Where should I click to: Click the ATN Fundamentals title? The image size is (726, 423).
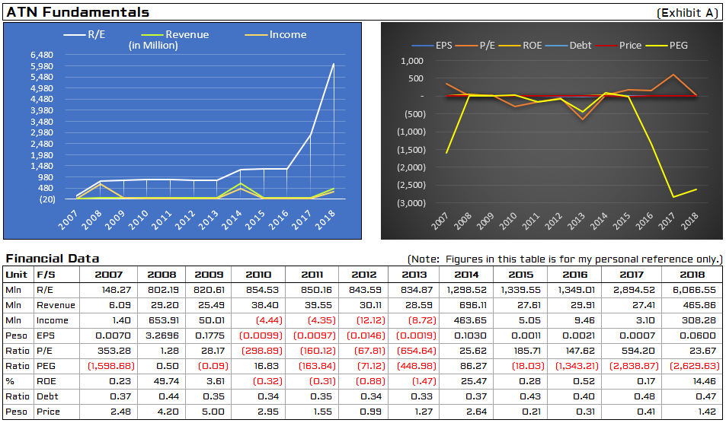78,12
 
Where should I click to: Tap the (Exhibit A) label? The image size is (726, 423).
687,13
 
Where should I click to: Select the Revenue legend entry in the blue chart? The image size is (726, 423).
175,35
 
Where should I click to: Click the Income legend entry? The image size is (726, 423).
276,35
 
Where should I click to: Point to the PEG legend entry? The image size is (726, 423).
667,46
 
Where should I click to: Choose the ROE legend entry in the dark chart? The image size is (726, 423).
520,46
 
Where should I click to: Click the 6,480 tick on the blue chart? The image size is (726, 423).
42,55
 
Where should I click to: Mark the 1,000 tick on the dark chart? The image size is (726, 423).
412,61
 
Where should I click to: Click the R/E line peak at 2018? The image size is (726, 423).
334,64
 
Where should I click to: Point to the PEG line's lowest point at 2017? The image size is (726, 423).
673,197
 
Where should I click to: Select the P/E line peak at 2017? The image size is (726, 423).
673,75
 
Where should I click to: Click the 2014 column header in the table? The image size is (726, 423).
466,275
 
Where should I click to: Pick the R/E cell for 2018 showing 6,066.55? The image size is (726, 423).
693,290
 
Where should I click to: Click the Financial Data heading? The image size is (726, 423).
53,259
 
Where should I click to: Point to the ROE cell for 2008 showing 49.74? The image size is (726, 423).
167,381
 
